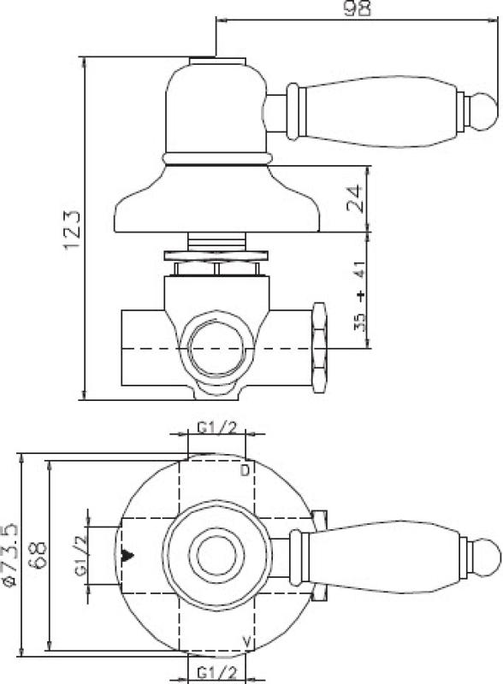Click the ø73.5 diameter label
11,555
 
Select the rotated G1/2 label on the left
83,556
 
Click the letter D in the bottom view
245,471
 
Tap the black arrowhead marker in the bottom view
129,556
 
